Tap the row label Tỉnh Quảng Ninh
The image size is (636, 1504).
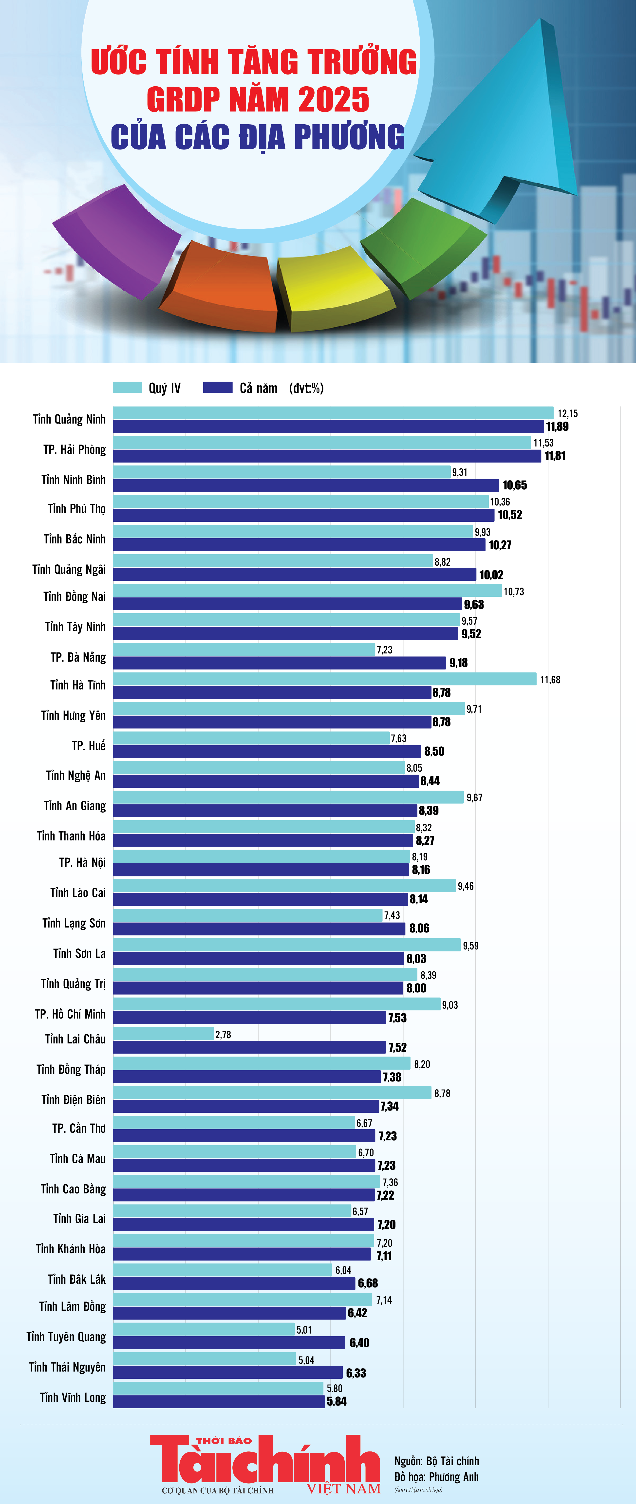pyautogui.click(x=69, y=419)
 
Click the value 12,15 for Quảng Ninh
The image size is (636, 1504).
pyautogui.click(x=567, y=413)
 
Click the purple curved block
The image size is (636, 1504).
pyautogui.click(x=117, y=239)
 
